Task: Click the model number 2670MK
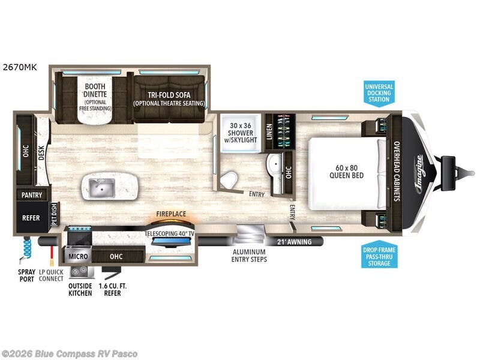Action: click(20, 67)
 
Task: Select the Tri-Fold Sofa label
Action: click(169, 99)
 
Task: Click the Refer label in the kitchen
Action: click(31, 217)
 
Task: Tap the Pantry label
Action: click(31, 195)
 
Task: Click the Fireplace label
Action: click(171, 214)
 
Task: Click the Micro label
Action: click(79, 256)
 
